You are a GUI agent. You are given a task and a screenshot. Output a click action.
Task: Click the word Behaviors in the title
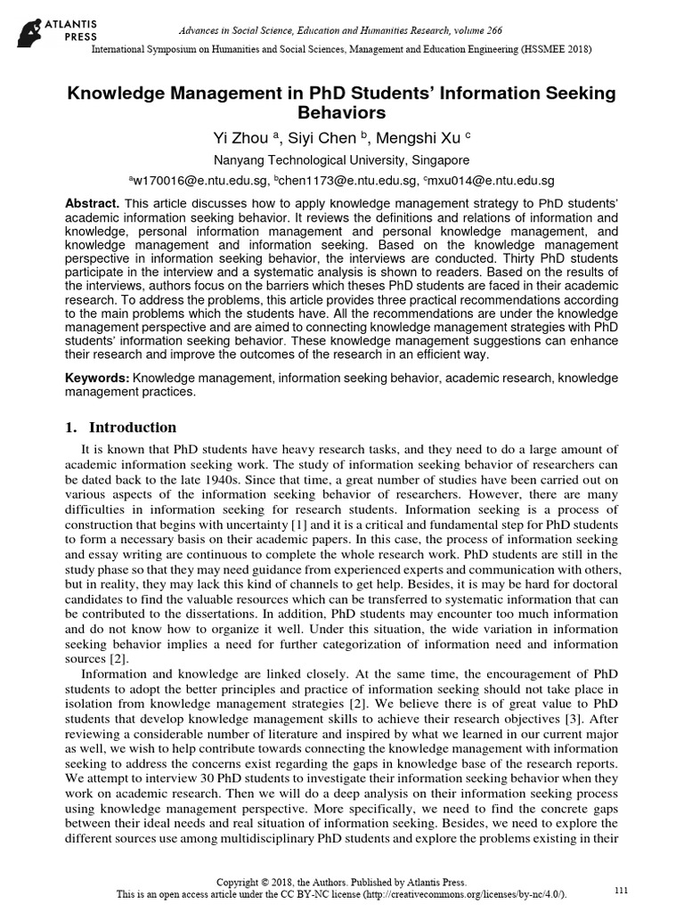pyautogui.click(x=342, y=113)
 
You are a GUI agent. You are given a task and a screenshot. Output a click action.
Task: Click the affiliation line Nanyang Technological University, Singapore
pyautogui.click(x=342, y=161)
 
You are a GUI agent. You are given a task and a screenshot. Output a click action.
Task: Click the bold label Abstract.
pyautogui.click(x=93, y=204)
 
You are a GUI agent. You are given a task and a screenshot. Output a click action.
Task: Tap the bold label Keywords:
pyautogui.click(x=96, y=379)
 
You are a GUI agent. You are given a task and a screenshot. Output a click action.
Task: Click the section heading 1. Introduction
pyautogui.click(x=120, y=427)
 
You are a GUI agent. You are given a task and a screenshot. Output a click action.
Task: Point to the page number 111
pyautogui.click(x=623, y=891)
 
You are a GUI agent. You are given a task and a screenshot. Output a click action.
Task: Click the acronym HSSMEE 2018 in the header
pyautogui.click(x=542, y=48)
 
